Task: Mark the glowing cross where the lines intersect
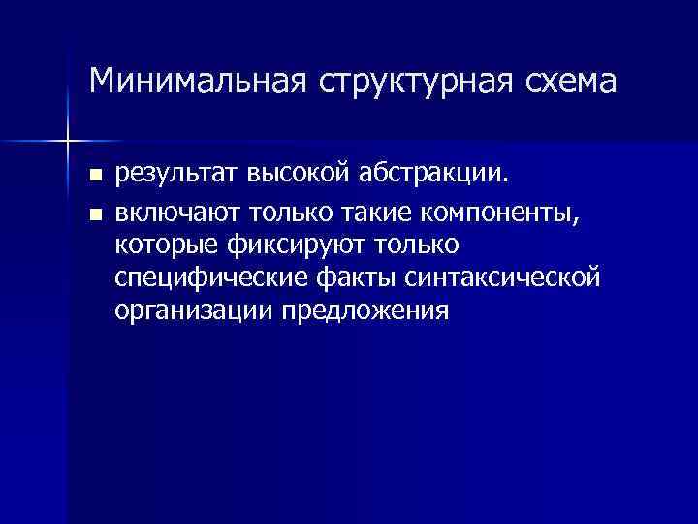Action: [68, 142]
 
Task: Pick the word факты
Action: [356, 278]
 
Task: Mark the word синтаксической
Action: [507, 278]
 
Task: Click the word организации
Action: [194, 311]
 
